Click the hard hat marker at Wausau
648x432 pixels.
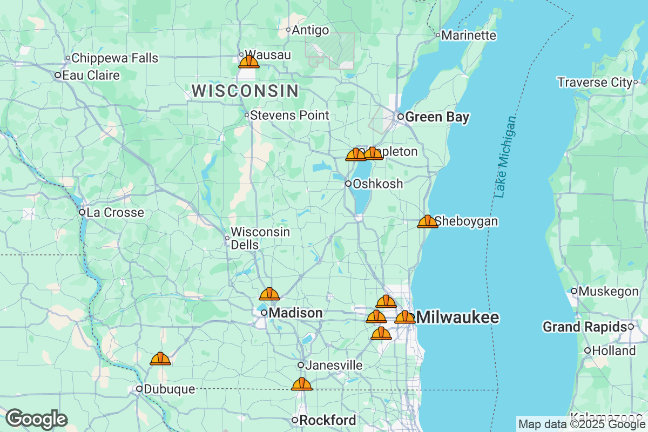point(249,61)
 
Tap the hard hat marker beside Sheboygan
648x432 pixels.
point(428,221)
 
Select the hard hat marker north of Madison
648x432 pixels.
point(269,294)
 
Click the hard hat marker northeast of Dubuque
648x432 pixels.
point(160,359)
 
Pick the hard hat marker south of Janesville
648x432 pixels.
point(301,384)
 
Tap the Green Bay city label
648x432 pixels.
point(437,117)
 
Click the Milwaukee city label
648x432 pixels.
point(458,317)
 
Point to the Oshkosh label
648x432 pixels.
point(377,184)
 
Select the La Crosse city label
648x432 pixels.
point(115,212)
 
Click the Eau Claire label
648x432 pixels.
point(91,75)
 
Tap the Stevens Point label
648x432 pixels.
point(289,115)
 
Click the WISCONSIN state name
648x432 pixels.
point(245,91)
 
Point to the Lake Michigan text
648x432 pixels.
point(505,157)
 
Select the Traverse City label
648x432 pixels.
point(595,82)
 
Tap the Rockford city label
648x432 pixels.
point(327,420)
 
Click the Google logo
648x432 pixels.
point(36,419)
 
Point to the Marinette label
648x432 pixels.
point(468,35)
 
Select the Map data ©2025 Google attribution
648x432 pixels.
point(582,424)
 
